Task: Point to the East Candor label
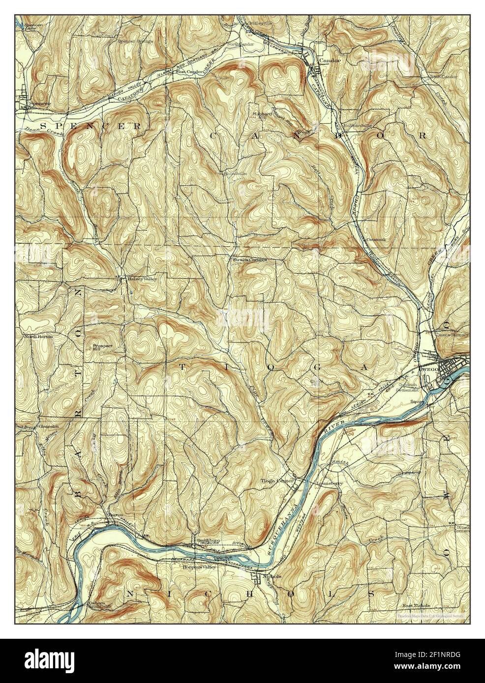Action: click(443, 77)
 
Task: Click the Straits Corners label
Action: click(250, 259)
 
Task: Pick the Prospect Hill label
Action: click(103, 348)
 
